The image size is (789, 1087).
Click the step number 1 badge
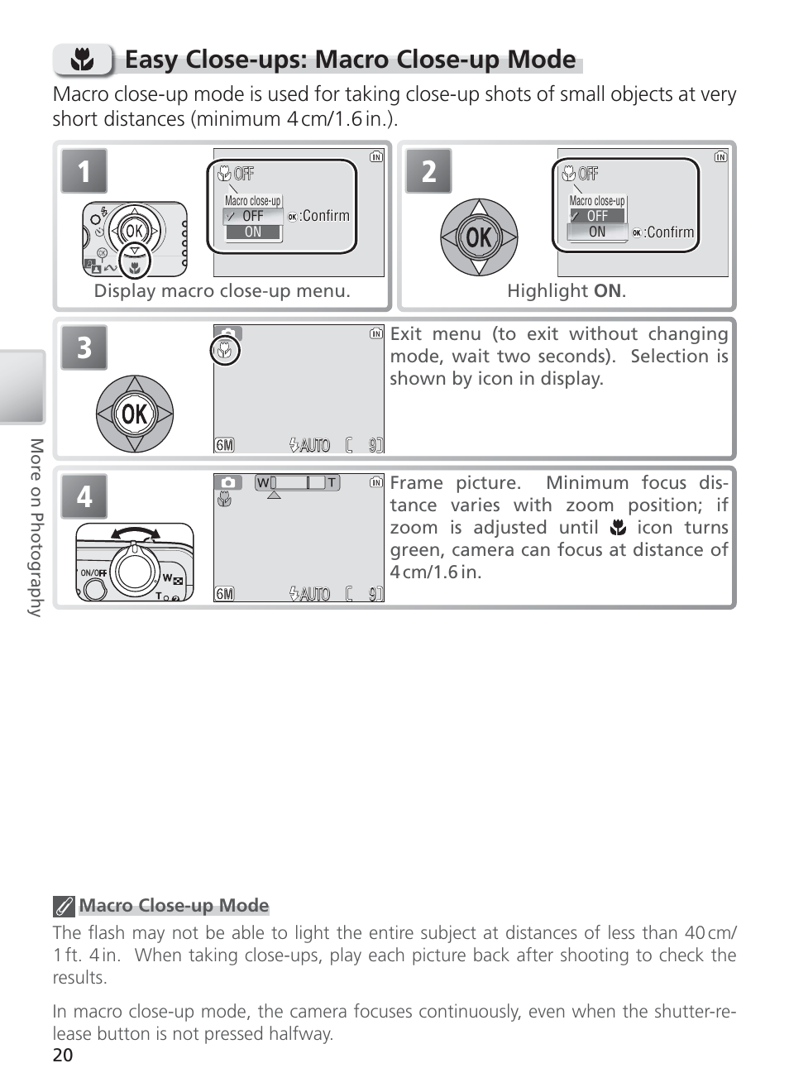84,171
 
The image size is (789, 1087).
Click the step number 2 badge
428,171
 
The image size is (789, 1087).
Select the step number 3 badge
84,347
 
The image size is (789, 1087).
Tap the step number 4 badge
84,496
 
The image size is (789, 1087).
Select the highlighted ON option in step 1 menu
253,232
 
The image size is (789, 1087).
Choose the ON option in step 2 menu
597,232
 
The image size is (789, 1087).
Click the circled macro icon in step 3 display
224,352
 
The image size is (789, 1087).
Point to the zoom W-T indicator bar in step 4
297,482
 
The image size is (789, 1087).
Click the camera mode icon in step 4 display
227,482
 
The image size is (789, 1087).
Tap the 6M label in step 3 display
224,445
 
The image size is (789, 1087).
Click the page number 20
63,1055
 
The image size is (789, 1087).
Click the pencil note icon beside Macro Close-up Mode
64,907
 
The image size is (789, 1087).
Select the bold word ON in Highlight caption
607,291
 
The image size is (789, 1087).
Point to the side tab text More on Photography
36,527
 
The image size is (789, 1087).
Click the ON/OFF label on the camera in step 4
93,572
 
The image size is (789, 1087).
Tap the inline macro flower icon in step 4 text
617,528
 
